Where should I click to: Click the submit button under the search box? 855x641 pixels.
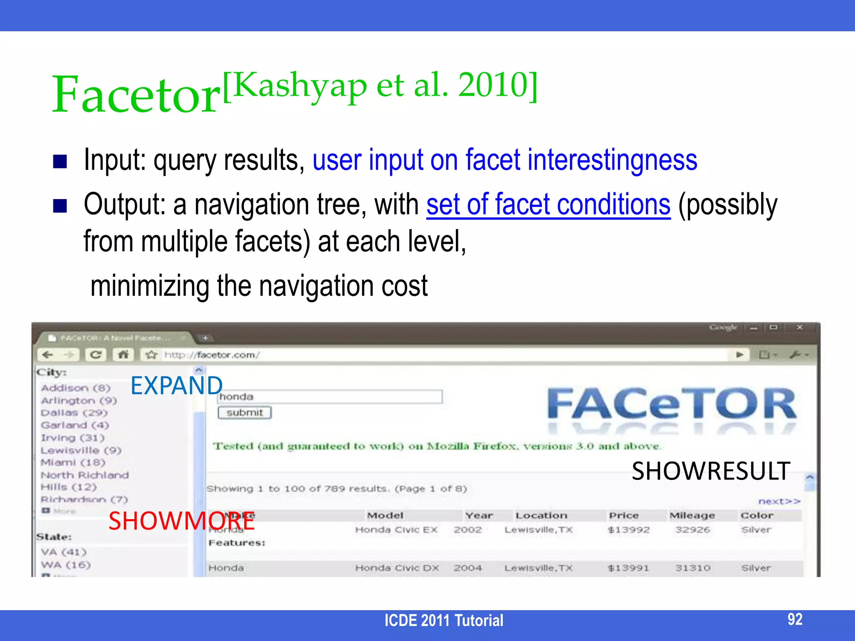coord(245,413)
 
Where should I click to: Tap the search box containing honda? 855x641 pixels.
coord(330,396)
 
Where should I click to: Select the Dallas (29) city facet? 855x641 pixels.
coord(74,413)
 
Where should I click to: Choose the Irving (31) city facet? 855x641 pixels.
coord(72,438)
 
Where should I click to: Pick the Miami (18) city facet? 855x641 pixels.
coord(73,462)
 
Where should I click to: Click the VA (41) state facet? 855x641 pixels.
coord(63,552)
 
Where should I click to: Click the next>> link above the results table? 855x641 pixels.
coord(779,501)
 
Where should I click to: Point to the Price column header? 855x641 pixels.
coord(624,516)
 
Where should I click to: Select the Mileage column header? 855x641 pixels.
coord(692,516)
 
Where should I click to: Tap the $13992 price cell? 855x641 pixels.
coord(628,530)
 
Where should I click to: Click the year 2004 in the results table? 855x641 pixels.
coord(468,568)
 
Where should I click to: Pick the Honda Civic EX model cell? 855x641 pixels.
coord(396,530)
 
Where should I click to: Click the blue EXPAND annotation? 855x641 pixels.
coord(176,385)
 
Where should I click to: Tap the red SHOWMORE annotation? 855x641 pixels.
coord(182,521)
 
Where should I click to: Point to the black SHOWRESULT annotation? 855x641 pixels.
coord(711,471)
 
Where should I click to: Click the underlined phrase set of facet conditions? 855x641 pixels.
coord(548,204)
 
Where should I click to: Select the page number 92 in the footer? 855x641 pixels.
coord(794,619)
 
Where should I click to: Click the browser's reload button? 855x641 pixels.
coord(96,355)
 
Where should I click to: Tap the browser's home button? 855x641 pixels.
coord(123,355)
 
